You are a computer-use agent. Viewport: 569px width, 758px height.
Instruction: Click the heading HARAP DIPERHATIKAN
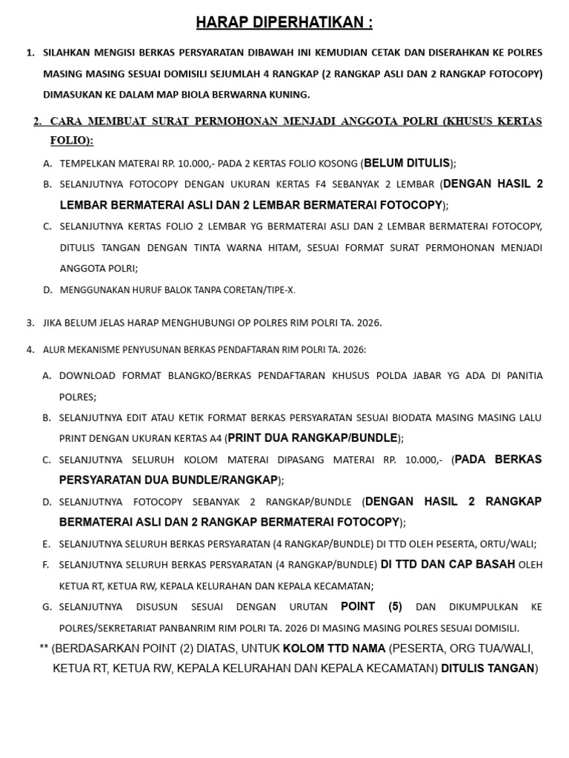pyautogui.click(x=284, y=23)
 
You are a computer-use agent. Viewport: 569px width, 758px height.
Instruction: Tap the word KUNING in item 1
pyautogui.click(x=287, y=95)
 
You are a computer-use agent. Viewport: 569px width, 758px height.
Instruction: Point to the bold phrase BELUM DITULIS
pyautogui.click(x=407, y=164)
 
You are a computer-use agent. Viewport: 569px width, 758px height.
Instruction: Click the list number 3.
pyautogui.click(x=30, y=323)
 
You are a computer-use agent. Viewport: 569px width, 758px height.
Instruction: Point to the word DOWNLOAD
pyautogui.click(x=87, y=376)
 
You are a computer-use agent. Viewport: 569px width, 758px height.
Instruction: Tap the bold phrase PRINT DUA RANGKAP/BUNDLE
pyautogui.click(x=313, y=438)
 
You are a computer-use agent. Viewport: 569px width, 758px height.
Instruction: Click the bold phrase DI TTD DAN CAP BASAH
pyautogui.click(x=447, y=564)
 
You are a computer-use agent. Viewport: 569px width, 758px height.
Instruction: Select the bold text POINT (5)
pyautogui.click(x=371, y=607)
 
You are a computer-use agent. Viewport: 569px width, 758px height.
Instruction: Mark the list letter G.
pyautogui.click(x=47, y=607)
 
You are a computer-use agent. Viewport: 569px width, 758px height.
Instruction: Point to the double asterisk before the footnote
pyautogui.click(x=44, y=649)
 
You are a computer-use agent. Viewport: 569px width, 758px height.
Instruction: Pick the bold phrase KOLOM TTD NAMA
pyautogui.click(x=334, y=649)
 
